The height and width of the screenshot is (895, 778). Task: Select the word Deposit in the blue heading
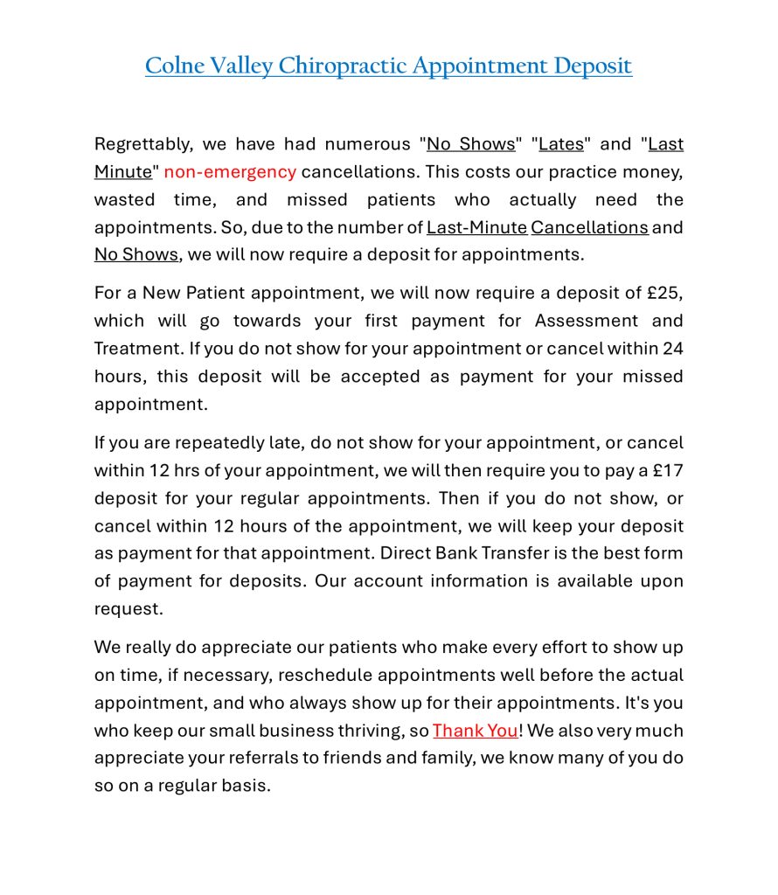(592, 66)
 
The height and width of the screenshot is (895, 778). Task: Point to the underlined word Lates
(561, 144)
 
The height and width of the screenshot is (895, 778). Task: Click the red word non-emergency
(230, 171)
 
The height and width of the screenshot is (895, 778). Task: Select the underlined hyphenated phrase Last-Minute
(476, 227)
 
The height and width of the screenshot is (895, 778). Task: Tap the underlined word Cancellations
(589, 227)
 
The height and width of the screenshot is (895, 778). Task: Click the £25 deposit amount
(666, 293)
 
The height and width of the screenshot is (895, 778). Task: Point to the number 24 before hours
(672, 348)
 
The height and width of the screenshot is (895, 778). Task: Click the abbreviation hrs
(186, 470)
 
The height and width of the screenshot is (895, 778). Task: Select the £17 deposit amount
(668, 470)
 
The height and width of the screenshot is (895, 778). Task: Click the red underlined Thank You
(475, 731)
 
